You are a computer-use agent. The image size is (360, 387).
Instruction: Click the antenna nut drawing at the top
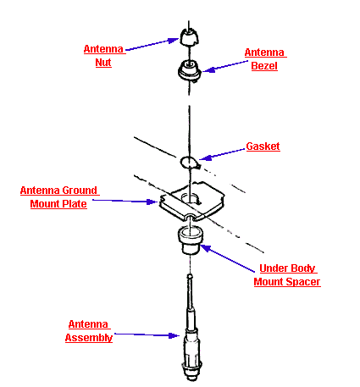189,36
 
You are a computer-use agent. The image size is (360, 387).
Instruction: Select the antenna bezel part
190,70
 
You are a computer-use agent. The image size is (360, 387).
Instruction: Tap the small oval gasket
190,162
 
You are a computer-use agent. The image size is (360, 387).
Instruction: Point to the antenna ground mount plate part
191,201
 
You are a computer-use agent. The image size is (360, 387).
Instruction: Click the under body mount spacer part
190,240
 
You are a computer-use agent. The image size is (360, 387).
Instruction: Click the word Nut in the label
103,63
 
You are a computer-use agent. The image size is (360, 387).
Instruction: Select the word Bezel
264,66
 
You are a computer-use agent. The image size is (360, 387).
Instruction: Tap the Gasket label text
263,147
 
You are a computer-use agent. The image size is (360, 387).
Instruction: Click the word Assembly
89,338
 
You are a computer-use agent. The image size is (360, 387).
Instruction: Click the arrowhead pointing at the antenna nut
174,41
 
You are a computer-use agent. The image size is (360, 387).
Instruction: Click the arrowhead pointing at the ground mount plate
152,202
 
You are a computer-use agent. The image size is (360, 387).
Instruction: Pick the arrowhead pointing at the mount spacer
206,248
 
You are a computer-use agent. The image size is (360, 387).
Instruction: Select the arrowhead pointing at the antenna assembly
174,335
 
